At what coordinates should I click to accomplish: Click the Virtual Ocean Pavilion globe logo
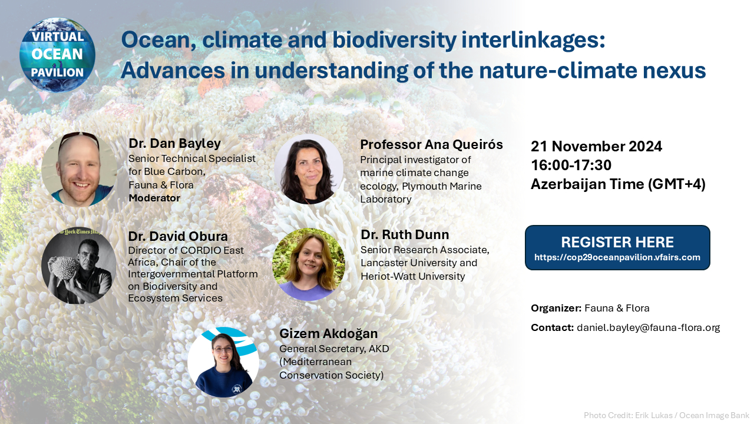pyautogui.click(x=57, y=55)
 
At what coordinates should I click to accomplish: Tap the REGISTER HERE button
pyautogui.click(x=617, y=248)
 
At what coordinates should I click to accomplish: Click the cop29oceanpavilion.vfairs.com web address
pyautogui.click(x=617, y=257)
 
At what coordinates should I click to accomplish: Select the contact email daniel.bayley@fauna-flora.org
pyautogui.click(x=649, y=327)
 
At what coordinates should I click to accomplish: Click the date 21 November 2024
pyautogui.click(x=596, y=147)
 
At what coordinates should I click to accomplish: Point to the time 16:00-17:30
pyautogui.click(x=571, y=165)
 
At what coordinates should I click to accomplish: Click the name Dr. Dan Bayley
pyautogui.click(x=174, y=144)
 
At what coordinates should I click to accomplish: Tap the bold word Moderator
pyautogui.click(x=154, y=198)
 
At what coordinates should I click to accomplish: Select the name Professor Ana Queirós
pyautogui.click(x=431, y=145)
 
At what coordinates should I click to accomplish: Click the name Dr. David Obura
pyautogui.click(x=178, y=236)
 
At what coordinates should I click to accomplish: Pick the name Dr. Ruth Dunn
pyautogui.click(x=405, y=234)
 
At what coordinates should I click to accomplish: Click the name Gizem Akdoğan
pyautogui.click(x=328, y=334)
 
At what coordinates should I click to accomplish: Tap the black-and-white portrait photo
pyautogui.click(x=78, y=266)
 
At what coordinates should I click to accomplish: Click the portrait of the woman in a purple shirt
pyautogui.click(x=308, y=264)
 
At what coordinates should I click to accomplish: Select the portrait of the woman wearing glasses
pyautogui.click(x=223, y=362)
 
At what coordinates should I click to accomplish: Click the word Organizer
pyautogui.click(x=555, y=308)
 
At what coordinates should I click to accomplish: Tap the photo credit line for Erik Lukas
pyautogui.click(x=666, y=415)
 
